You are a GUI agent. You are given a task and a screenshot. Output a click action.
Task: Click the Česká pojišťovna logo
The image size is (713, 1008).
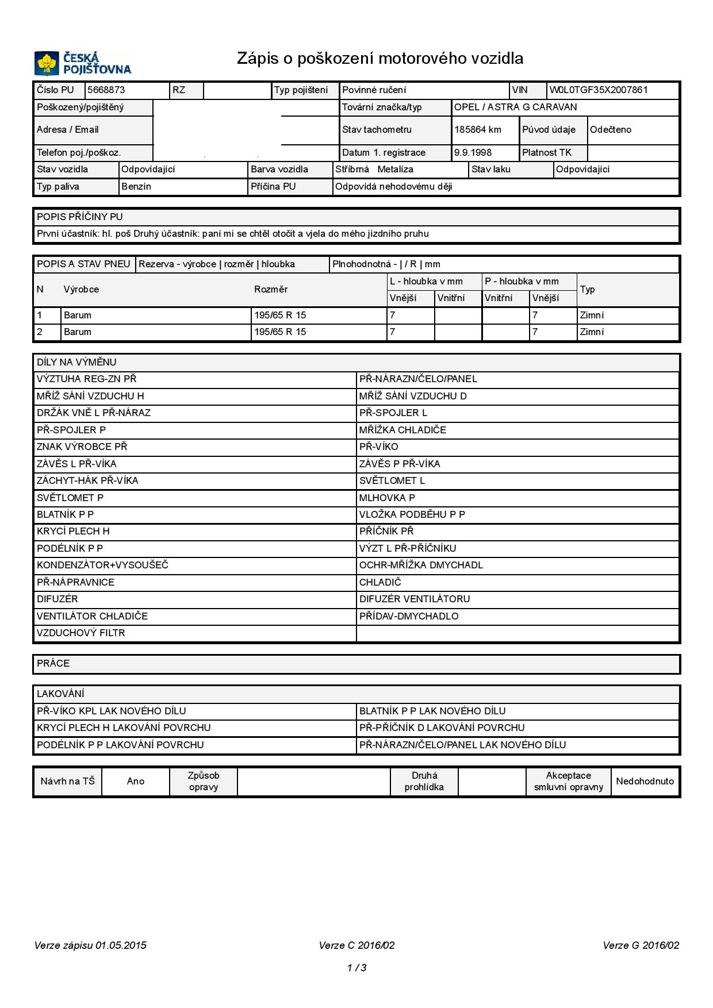(83, 63)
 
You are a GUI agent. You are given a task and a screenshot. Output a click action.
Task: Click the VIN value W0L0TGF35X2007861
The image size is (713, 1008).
(598, 90)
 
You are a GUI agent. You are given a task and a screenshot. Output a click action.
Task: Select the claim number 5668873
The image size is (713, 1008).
(106, 90)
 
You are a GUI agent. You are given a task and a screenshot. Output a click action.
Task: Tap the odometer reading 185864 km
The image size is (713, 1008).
(478, 129)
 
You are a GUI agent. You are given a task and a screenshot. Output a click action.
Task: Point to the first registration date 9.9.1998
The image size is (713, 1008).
(473, 152)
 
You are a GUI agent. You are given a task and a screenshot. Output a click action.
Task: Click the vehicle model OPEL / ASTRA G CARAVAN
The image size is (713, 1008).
(515, 107)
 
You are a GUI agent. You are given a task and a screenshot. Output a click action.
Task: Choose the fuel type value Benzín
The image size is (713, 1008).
(136, 186)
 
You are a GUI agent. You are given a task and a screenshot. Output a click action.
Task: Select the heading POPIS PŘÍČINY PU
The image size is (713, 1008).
(80, 217)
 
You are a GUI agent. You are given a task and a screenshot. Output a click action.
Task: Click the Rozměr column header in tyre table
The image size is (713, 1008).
(271, 289)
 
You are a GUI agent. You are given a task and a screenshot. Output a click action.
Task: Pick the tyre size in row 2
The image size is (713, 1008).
(280, 332)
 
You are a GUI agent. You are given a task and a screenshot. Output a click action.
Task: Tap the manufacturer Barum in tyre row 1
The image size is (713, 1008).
(78, 315)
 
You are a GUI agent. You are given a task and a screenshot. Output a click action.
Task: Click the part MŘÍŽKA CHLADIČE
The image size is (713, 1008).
(402, 430)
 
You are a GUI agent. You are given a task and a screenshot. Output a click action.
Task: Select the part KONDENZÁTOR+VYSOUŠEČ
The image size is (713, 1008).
(102, 565)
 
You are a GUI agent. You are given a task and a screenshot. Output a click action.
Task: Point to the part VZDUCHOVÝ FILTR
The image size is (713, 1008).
(80, 633)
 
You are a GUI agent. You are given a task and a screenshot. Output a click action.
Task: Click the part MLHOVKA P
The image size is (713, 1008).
(387, 498)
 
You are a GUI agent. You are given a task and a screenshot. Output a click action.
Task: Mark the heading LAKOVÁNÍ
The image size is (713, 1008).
(60, 694)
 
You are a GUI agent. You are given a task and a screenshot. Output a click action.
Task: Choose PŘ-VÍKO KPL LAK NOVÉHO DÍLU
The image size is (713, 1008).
(112, 711)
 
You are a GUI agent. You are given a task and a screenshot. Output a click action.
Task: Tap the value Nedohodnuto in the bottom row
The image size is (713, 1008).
(645, 781)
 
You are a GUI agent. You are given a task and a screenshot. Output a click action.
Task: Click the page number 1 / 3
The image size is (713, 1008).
(356, 968)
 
